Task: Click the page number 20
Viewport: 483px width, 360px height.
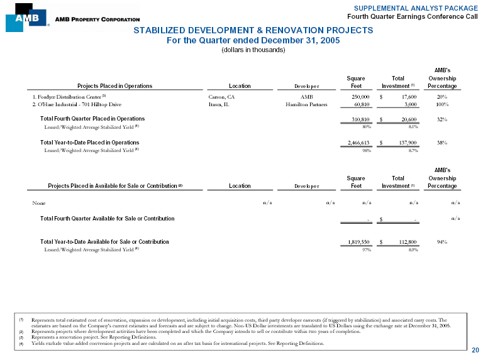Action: (x=475, y=349)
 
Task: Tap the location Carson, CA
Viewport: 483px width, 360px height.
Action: (x=221, y=97)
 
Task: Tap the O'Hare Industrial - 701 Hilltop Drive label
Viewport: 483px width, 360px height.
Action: (x=72, y=105)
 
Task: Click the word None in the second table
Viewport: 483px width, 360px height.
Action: (x=39, y=203)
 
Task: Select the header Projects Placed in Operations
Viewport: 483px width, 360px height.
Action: (x=114, y=86)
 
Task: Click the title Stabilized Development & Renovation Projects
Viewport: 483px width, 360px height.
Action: (x=252, y=30)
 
